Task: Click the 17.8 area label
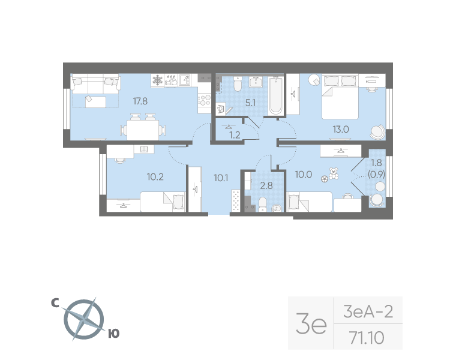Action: click(140, 101)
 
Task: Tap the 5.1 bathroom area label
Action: click(250, 103)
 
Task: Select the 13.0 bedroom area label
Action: click(341, 128)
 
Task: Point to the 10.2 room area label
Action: click(155, 176)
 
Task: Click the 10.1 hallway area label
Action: click(221, 176)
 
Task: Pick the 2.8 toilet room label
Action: click(266, 185)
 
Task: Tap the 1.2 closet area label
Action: click(235, 134)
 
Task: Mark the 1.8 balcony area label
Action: click(376, 163)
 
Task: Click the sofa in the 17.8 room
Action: click(95, 86)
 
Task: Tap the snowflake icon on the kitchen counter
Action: click(157, 80)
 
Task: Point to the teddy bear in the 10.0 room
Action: click(334, 172)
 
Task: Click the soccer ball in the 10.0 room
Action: click(325, 178)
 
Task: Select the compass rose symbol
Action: click(84, 319)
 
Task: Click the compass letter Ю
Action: click(113, 334)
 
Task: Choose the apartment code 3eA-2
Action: click(368, 312)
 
